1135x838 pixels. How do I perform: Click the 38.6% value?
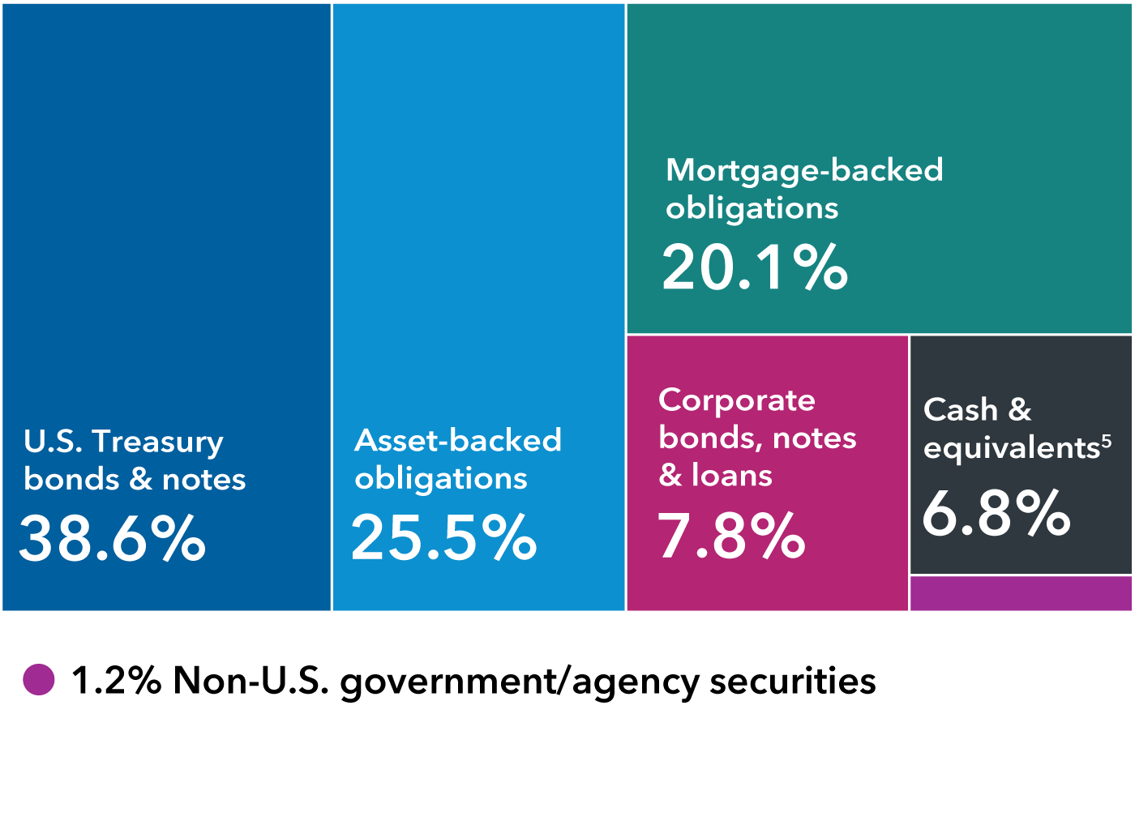[112, 539]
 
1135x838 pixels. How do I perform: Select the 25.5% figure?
[443, 538]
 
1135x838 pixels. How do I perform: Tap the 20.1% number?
[755, 267]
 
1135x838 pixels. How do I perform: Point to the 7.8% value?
[731, 537]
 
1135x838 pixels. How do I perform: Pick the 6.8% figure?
[996, 514]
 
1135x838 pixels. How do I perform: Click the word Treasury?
[157, 442]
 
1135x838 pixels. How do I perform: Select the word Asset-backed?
[458, 440]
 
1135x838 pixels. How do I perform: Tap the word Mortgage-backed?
[804, 170]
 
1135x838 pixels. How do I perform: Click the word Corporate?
[737, 400]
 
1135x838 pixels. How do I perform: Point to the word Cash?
[961, 410]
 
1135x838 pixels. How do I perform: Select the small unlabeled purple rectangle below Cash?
[1021, 593]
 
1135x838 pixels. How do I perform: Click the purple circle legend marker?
[39, 679]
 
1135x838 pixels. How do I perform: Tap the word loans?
[732, 476]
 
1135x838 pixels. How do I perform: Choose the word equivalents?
[1011, 448]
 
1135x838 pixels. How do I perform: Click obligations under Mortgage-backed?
[752, 208]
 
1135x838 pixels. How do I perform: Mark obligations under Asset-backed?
[441, 479]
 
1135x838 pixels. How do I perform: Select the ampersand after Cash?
[1020, 410]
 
